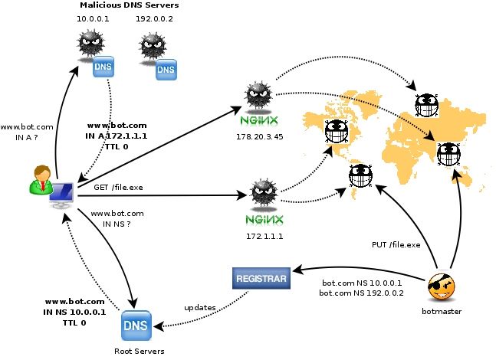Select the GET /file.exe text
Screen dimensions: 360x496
(118, 187)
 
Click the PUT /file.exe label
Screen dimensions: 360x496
(396, 245)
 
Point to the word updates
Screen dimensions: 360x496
(199, 307)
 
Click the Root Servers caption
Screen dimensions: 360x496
(134, 351)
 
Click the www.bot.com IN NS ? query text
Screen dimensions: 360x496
(117, 218)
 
